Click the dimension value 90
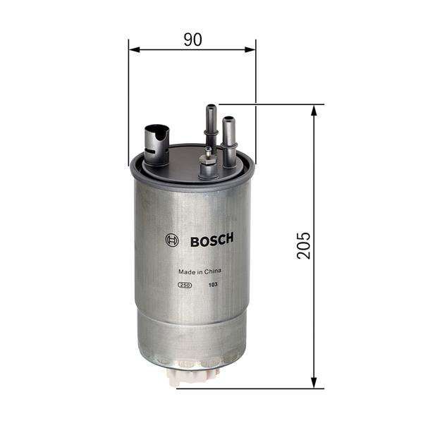pyautogui.click(x=192, y=39)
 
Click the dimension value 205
pyautogui.click(x=304, y=245)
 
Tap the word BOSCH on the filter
pyautogui.click(x=211, y=240)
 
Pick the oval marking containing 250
pyautogui.click(x=183, y=284)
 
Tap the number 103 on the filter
pyautogui.click(x=212, y=284)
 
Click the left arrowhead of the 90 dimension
pyautogui.click(x=134, y=49)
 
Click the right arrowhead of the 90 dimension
pyautogui.click(x=250, y=49)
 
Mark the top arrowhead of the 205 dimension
pyautogui.click(x=313, y=110)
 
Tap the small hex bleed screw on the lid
pyautogui.click(x=207, y=166)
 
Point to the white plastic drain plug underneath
pyautogui.click(x=190, y=378)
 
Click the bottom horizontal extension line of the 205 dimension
pyautogui.click(x=268, y=388)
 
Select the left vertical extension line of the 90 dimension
pyautogui.click(x=129, y=99)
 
